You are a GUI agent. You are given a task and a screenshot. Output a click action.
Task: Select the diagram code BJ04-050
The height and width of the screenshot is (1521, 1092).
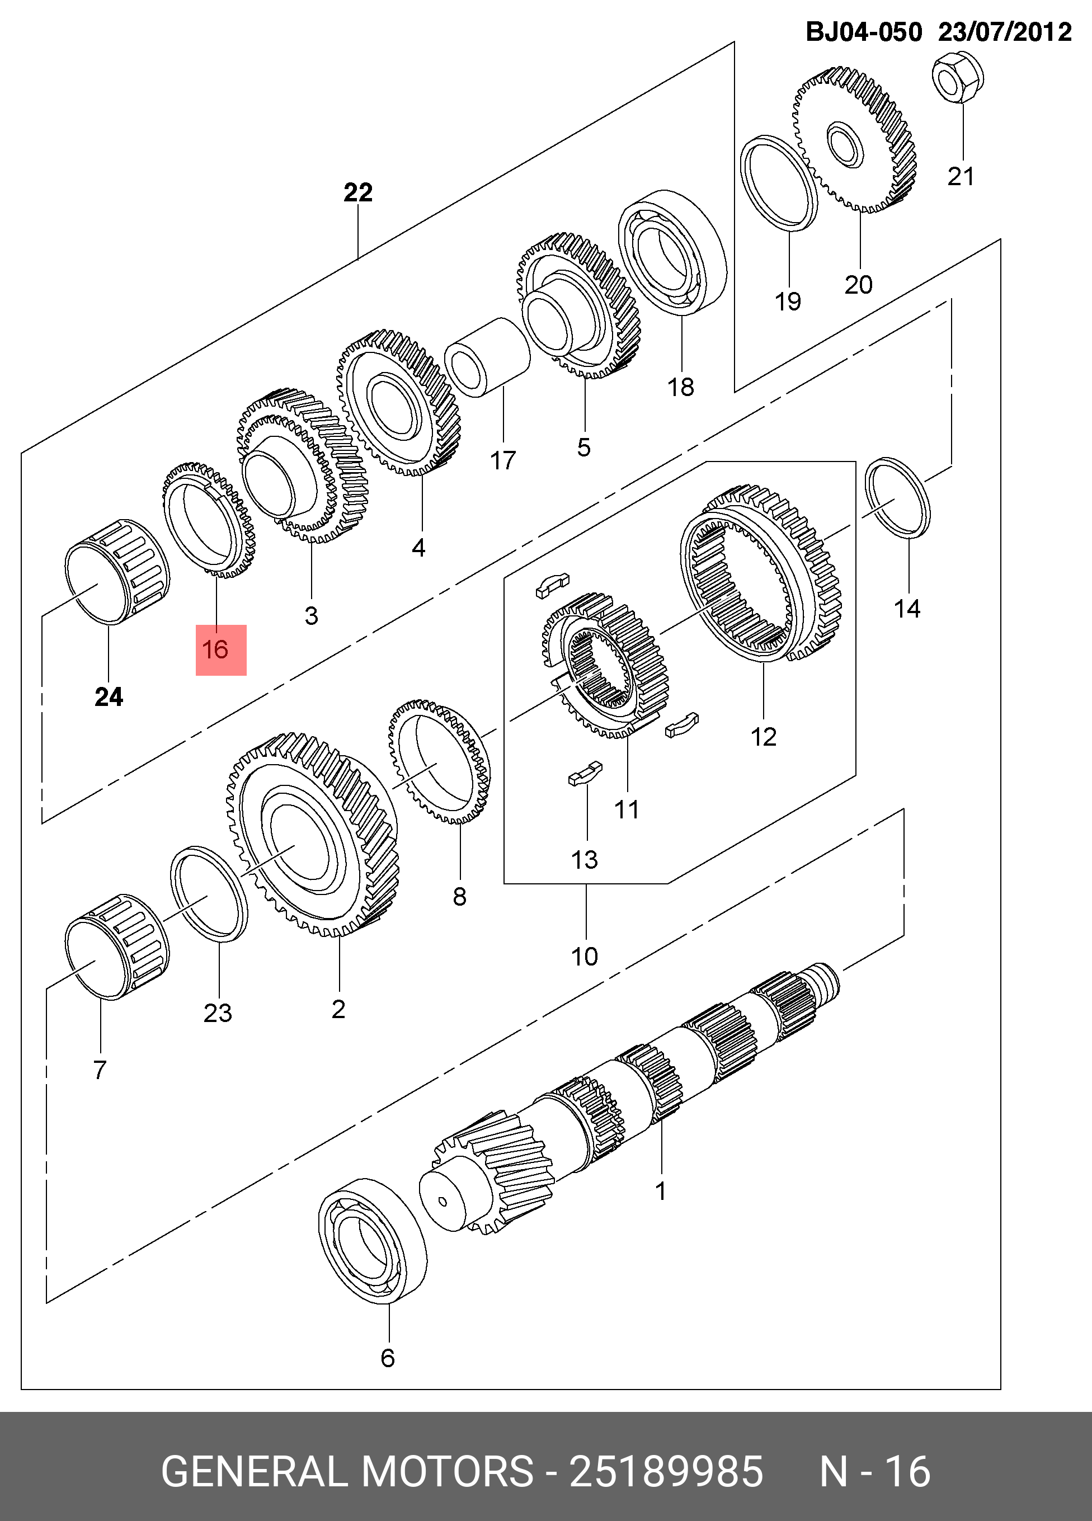864,31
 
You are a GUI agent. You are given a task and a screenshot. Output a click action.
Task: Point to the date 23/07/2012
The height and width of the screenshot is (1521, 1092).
1004,31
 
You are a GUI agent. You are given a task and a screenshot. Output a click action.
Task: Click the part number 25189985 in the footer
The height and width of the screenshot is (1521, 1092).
666,1471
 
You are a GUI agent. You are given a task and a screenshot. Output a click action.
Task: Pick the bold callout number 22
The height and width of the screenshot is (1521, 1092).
357,193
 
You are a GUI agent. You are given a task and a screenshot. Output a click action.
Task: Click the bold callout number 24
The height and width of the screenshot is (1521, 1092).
109,698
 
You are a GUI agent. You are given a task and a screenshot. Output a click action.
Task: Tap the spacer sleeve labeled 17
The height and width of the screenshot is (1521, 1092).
488,357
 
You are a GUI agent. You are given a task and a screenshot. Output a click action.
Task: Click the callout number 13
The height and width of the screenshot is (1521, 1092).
583,859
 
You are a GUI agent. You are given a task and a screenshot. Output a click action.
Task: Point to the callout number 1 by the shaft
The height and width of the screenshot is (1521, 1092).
660,1191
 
